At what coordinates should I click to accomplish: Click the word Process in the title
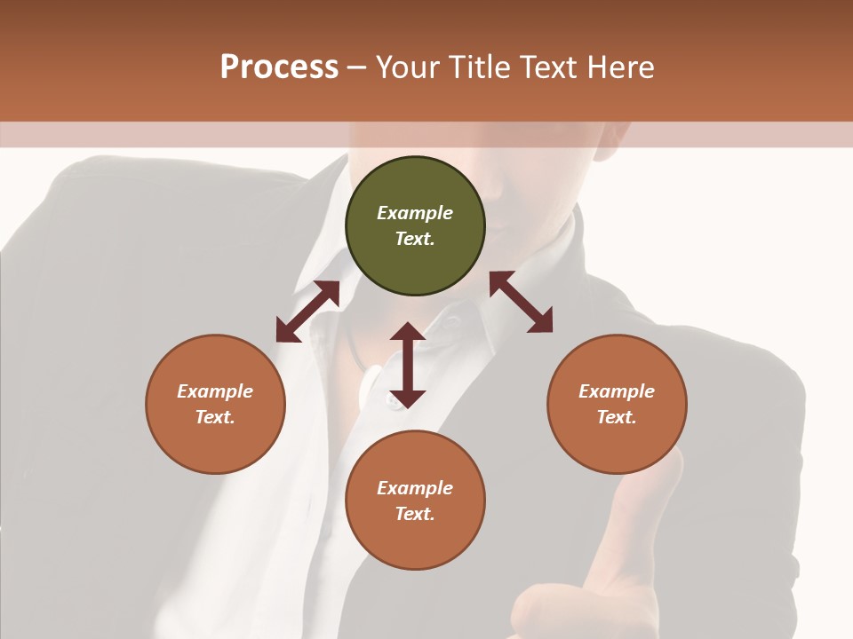tap(279, 67)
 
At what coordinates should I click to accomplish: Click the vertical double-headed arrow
tap(407, 365)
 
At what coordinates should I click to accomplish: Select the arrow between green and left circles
tap(307, 312)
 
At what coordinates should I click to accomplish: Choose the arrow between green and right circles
tap(521, 302)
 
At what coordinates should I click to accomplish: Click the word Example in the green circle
tap(415, 213)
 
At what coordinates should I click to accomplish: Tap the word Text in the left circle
tap(215, 417)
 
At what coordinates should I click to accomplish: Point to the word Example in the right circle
tap(617, 391)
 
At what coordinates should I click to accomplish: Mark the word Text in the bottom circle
tap(415, 514)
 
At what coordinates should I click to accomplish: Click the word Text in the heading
tap(550, 67)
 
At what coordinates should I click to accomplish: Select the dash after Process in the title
tap(356, 67)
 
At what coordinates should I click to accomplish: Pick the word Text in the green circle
tap(415, 239)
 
